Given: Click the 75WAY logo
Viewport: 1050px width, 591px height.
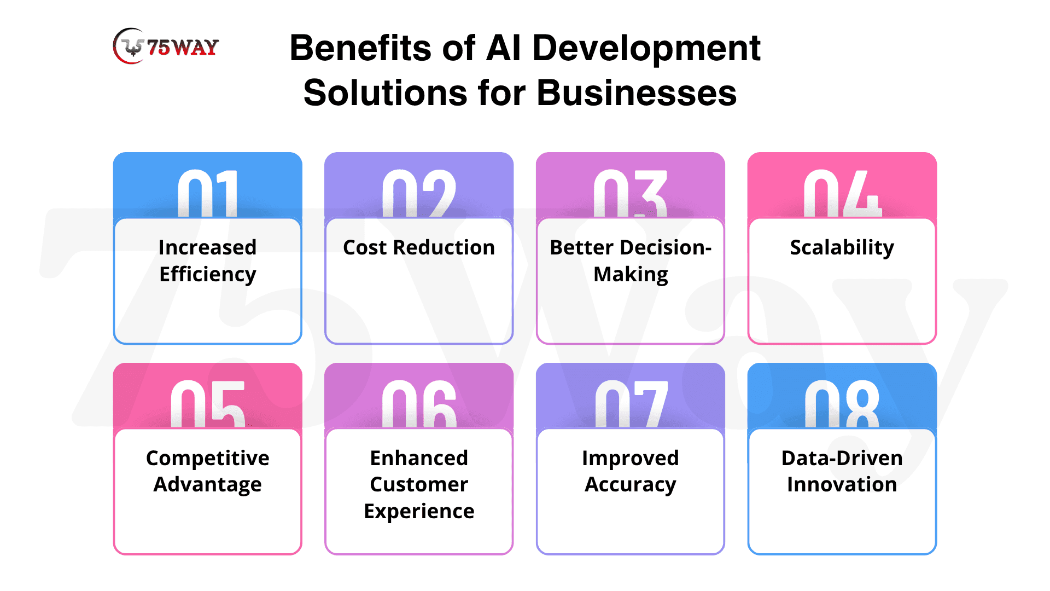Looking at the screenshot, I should point(166,47).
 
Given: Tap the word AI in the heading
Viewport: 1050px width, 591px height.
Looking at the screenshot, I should point(503,48).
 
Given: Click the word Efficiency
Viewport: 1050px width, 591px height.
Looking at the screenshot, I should point(208,274).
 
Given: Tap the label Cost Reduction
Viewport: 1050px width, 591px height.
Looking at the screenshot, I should point(419,247).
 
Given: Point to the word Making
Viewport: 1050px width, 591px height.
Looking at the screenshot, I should point(631,274).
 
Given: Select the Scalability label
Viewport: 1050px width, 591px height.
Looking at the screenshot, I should point(842,247).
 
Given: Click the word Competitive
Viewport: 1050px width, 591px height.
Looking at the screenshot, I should point(208,458).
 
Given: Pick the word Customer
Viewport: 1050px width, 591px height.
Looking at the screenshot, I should point(419,484).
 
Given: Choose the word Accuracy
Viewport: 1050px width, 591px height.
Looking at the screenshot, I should point(631,485).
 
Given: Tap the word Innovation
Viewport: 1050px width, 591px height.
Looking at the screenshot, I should point(842,484).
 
